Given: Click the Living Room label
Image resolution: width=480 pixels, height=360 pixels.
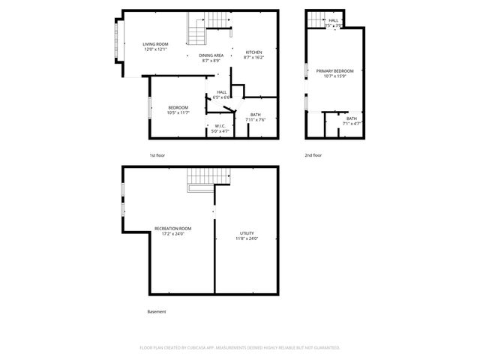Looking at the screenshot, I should click(x=157, y=46).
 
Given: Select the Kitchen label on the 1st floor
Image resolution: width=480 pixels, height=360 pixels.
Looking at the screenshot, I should click(x=254, y=54).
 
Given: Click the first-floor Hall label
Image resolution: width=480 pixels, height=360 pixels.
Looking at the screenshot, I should click(x=221, y=94).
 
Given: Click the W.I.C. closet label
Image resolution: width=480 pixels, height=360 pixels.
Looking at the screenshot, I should click(x=220, y=127).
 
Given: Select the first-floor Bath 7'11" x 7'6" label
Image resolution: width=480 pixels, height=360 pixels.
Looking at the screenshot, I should click(x=256, y=117).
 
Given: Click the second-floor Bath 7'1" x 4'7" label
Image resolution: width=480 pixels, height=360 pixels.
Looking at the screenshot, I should click(x=351, y=121).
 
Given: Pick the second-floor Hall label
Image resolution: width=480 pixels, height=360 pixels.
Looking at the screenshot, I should click(x=334, y=22).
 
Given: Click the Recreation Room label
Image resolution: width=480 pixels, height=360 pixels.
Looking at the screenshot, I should click(x=172, y=230).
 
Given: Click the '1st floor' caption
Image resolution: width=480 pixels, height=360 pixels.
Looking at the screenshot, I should click(x=157, y=155).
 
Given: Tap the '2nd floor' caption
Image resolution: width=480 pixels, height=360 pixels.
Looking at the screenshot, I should click(x=313, y=155).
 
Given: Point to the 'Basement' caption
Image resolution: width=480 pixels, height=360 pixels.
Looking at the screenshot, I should click(x=157, y=311).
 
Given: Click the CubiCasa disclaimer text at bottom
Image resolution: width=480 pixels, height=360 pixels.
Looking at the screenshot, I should click(x=240, y=347).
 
